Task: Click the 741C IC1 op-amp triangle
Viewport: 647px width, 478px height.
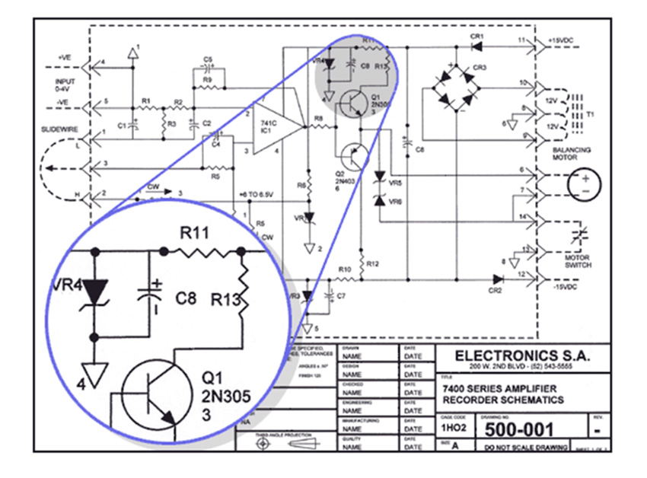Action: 274,128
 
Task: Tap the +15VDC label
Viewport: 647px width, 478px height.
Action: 568,40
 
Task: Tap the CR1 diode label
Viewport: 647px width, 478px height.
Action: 477,36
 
